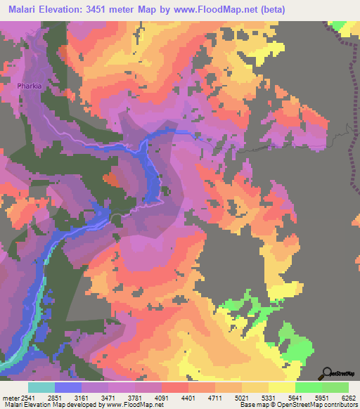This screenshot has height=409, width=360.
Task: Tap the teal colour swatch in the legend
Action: tap(41, 387)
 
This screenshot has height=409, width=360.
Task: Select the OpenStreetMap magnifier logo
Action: tap(328, 373)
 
